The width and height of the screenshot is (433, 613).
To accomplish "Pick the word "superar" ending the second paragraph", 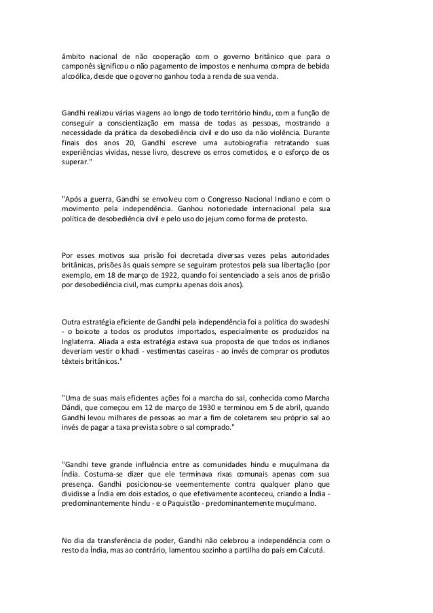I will click(76, 166).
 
